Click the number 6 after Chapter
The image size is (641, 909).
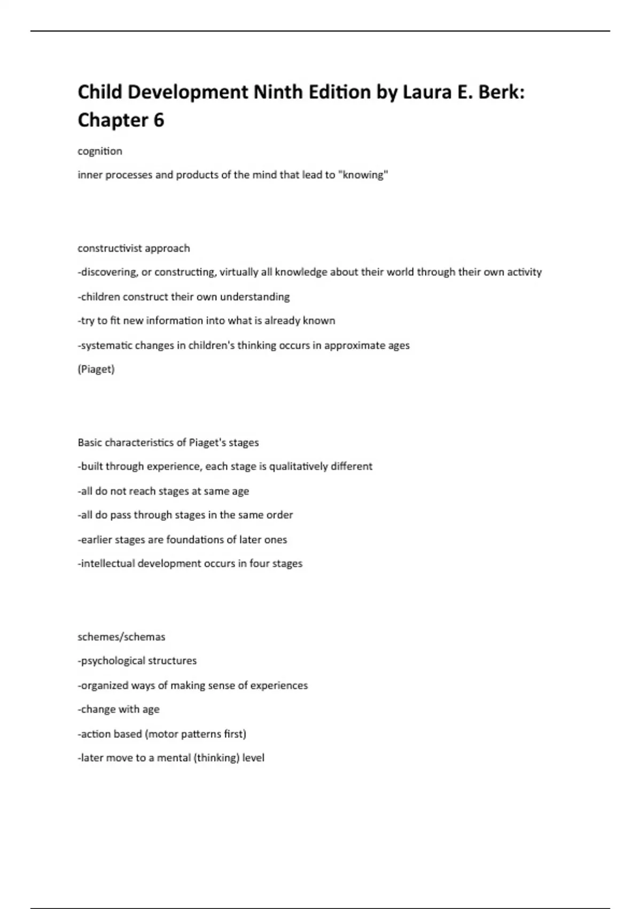[159, 120]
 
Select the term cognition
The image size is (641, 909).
[100, 151]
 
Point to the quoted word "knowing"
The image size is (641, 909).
[363, 175]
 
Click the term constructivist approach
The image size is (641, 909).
[134, 248]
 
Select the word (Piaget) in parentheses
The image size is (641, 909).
[96, 369]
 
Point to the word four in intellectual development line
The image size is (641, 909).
[259, 564]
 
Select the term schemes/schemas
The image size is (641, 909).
[121, 637]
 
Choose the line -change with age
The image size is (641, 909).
[119, 710]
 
